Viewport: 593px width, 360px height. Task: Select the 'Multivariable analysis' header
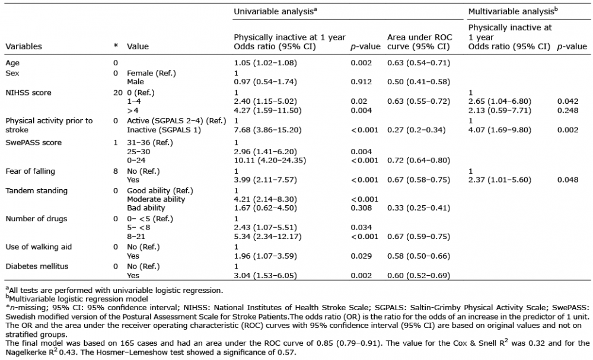pos(513,11)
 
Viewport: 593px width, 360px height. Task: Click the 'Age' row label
pos(12,63)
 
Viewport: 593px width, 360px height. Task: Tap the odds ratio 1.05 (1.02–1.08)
pos(265,63)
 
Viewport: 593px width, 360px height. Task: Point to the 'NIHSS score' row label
pos(28,93)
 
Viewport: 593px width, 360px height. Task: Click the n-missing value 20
pos(117,93)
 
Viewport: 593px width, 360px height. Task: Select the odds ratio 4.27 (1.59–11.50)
pos(267,110)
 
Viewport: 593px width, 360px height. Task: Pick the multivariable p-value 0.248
pos(568,110)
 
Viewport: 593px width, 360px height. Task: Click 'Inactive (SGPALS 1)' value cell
pos(164,130)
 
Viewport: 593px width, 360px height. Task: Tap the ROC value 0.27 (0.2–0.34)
pos(416,130)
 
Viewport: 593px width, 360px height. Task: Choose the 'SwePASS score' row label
pos(33,142)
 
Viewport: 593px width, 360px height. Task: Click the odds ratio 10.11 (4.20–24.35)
pos(270,160)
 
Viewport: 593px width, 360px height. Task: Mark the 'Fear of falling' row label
pos(30,171)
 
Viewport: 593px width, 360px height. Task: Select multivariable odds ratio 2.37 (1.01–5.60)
pos(499,180)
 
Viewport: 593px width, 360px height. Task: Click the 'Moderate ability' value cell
pos(156,199)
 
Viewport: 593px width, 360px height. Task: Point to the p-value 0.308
pos(361,208)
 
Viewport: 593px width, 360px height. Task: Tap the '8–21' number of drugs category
pos(136,237)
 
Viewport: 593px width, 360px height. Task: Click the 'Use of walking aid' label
pos(39,247)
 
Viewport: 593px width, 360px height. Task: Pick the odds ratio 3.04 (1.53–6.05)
pos(265,276)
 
